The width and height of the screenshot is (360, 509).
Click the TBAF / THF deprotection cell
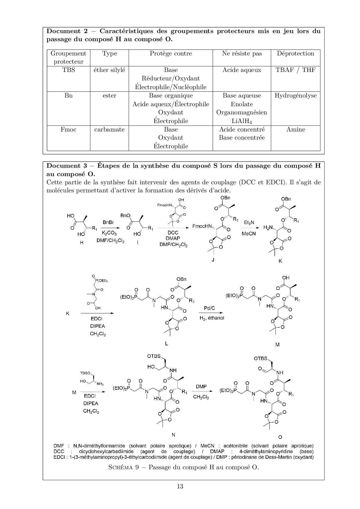pyautogui.click(x=296, y=70)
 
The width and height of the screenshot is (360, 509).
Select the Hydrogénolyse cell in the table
pyautogui.click(x=296, y=95)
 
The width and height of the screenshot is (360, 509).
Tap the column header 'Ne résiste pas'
pyautogui.click(x=242, y=53)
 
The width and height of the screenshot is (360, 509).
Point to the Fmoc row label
pyautogui.click(x=69, y=129)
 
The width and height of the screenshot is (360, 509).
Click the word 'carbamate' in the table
pyautogui.click(x=109, y=129)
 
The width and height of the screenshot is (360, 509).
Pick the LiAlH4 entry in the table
pyautogui.click(x=242, y=121)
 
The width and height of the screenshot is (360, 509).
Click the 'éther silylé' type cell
pyautogui.click(x=109, y=70)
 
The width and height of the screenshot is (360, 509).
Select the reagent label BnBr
pyautogui.click(x=108, y=222)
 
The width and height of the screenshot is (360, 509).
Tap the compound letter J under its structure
pyautogui.click(x=213, y=260)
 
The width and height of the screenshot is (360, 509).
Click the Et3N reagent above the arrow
pyautogui.click(x=249, y=222)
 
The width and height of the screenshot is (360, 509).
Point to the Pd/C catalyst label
pyautogui.click(x=209, y=308)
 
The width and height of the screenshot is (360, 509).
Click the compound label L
pyautogui.click(x=166, y=344)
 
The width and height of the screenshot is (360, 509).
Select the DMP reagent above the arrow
pyautogui.click(x=201, y=387)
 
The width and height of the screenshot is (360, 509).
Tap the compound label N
pyautogui.click(x=173, y=435)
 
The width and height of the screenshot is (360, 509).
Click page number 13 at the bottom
pyautogui.click(x=180, y=486)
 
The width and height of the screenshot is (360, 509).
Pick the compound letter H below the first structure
pyautogui.click(x=82, y=243)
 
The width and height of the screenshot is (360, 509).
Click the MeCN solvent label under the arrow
pyautogui.click(x=249, y=233)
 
